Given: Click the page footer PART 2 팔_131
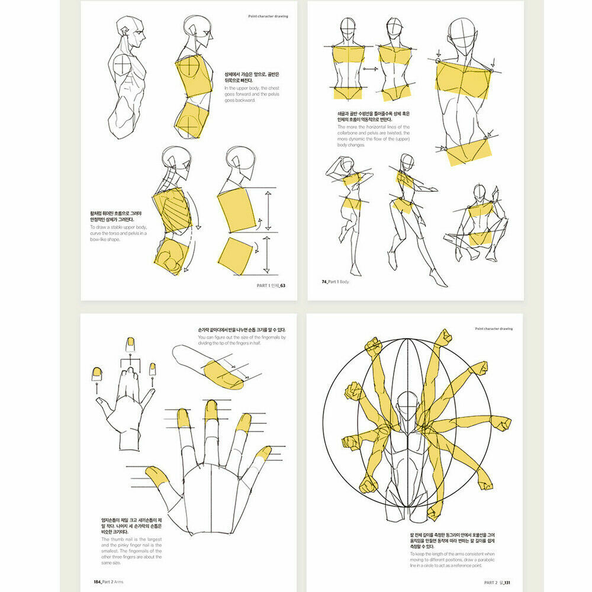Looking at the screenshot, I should point(498,582).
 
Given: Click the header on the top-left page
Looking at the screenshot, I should point(268,16).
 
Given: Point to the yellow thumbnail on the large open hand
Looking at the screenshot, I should point(156,475).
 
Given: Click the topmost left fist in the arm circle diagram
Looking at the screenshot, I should point(373,346).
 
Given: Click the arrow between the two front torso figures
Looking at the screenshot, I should point(371,69).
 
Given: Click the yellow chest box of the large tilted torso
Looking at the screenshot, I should point(463,80).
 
